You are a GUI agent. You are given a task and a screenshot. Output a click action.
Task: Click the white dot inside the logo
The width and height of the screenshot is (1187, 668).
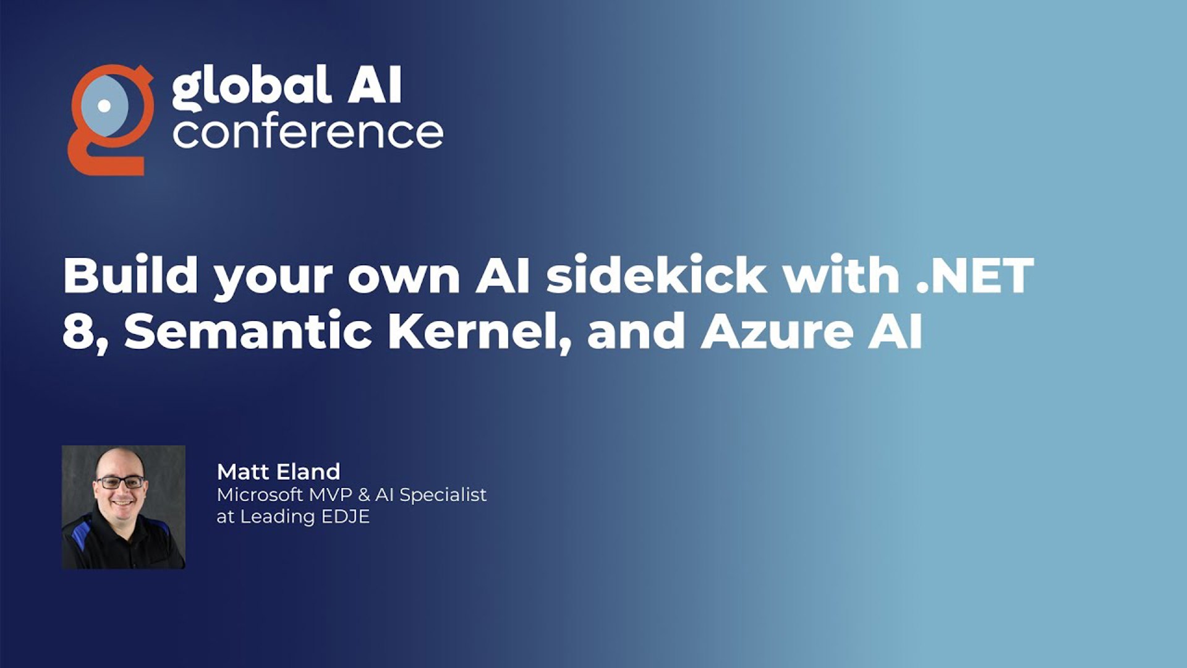[104, 106]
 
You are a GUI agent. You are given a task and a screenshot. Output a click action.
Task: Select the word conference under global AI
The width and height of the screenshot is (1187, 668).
[308, 132]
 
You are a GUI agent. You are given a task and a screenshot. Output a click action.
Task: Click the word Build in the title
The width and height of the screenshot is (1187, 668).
[130, 275]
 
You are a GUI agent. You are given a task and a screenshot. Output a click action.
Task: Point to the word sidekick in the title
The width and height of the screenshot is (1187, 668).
[657, 275]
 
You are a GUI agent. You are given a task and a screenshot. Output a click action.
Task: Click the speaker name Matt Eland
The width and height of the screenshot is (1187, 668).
[278, 472]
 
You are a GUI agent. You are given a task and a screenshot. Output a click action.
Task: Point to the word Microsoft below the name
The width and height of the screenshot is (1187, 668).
[260, 495]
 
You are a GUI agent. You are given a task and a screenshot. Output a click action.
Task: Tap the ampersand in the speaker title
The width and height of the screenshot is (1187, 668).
[364, 495]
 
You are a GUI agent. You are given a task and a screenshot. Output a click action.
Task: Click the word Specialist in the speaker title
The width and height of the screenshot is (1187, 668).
[443, 495]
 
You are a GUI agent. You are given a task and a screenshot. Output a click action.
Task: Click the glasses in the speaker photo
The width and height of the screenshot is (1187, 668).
[120, 482]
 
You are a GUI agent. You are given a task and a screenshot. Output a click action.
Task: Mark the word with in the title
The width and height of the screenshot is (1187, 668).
[841, 275]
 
